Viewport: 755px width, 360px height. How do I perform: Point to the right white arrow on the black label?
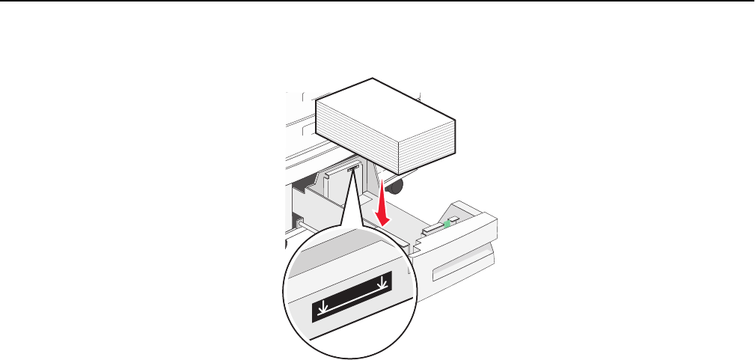(x=383, y=283)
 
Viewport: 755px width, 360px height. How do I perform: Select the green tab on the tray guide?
(x=447, y=222)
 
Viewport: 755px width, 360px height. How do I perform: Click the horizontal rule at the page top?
(x=377, y=2)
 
